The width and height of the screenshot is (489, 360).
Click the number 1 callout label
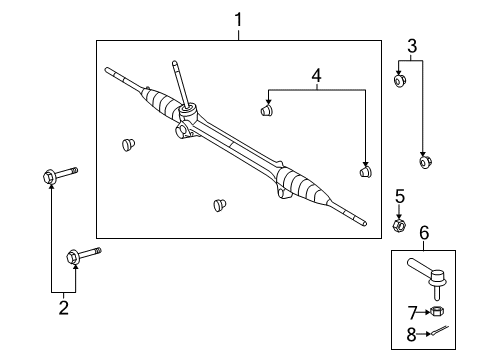tap(238, 18)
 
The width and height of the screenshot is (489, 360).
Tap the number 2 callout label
tap(63, 308)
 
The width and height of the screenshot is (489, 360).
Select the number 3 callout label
tap(411, 44)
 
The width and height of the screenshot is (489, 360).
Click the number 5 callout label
tap(399, 196)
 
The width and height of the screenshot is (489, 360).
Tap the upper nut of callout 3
tap(399, 83)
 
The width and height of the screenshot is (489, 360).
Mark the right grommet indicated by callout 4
tap(366, 173)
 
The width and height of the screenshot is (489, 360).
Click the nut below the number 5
tap(399, 225)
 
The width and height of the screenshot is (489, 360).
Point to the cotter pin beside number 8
tap(437, 333)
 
